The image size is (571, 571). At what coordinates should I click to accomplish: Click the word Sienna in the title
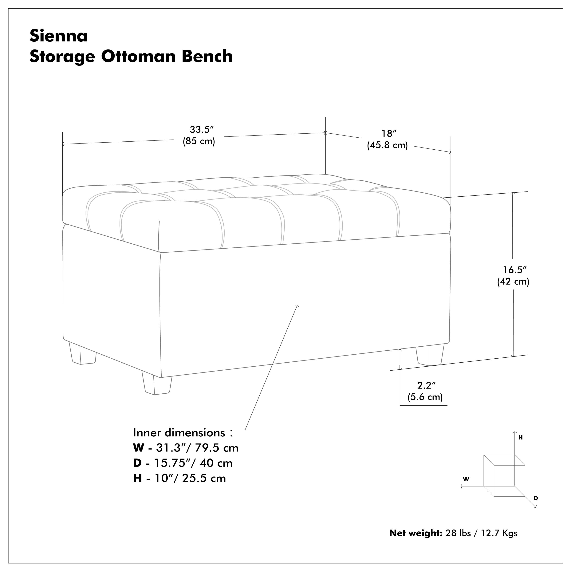point(58,36)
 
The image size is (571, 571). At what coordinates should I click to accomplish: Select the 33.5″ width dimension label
point(202,129)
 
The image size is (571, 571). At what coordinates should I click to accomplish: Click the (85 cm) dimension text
point(199,141)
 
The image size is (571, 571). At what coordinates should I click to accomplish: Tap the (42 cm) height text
point(513,282)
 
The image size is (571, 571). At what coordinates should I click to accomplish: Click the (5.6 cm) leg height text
point(425,397)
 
